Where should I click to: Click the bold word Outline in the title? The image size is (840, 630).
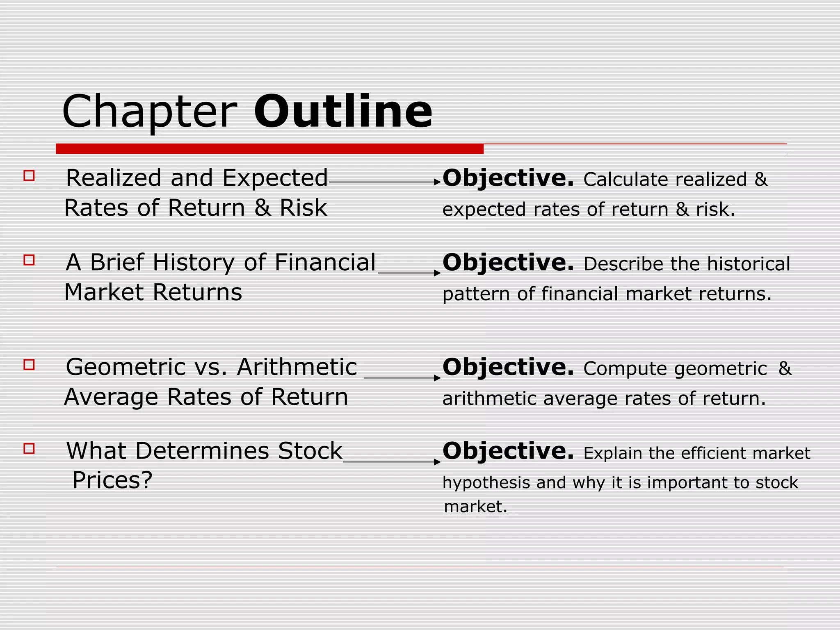[343, 112]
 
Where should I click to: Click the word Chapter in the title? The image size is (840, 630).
[150, 112]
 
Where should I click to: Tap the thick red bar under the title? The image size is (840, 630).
[269, 149]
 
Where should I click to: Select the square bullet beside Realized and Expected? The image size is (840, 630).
[29, 176]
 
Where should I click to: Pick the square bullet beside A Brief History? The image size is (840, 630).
[29, 260]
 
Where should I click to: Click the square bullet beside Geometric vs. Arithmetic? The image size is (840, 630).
[29, 365]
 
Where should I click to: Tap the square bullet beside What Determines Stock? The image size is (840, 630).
[29, 448]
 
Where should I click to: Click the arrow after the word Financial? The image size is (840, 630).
[409, 273]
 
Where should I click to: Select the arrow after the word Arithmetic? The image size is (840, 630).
[402, 377]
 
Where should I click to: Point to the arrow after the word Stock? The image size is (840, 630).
[392, 461]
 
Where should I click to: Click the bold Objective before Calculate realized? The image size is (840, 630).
[508, 179]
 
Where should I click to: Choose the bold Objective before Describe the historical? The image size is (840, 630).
[508, 263]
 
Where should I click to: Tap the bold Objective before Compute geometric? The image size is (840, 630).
[508, 367]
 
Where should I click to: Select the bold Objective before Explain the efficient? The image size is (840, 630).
[508, 452]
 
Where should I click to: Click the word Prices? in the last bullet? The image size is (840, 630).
[112, 480]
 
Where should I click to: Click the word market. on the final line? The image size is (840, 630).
[476, 507]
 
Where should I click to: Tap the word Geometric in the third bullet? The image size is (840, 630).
[125, 367]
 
